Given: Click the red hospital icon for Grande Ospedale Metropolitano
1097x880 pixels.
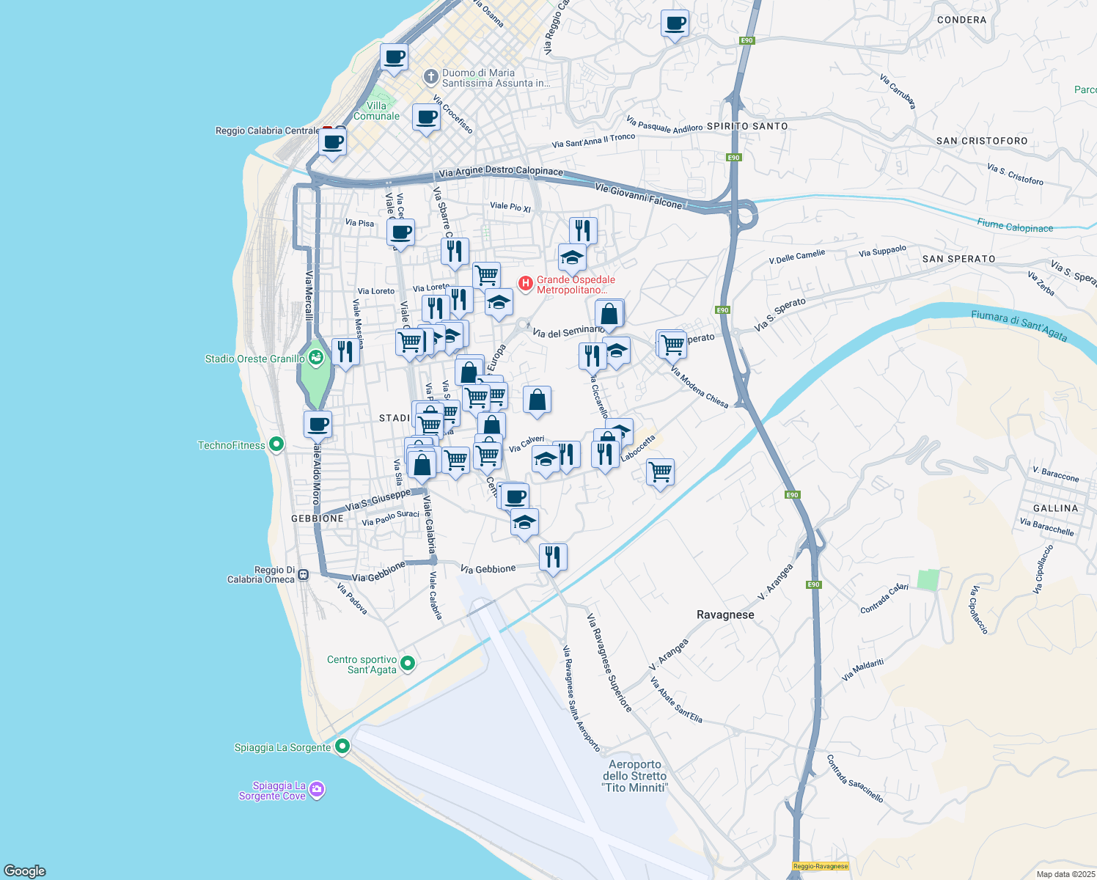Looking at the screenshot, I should click(x=525, y=283).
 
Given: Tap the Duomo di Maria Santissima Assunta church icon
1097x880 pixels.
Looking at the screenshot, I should click(x=431, y=76).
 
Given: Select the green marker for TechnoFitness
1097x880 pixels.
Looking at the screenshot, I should click(x=276, y=444).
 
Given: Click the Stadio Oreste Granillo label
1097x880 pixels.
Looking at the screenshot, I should click(x=254, y=359).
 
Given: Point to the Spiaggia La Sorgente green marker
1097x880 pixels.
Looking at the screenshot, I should click(x=342, y=747).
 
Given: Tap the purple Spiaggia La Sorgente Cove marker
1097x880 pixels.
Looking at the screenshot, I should click(x=317, y=790).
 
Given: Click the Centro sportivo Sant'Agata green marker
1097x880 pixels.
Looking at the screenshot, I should click(x=408, y=664).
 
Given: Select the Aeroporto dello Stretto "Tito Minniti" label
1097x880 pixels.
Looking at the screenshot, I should click(x=635, y=776).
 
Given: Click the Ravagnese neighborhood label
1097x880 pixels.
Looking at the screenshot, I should click(x=724, y=615).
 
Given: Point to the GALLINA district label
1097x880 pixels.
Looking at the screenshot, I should click(x=1055, y=508).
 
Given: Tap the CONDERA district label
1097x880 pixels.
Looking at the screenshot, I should click(x=961, y=20).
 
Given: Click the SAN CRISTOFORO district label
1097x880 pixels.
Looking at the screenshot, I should click(x=982, y=141).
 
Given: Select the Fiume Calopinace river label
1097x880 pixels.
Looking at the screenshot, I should click(x=1015, y=227).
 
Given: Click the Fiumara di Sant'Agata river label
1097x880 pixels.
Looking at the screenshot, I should click(x=1019, y=325).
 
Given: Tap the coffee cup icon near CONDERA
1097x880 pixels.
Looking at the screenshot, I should click(x=675, y=23).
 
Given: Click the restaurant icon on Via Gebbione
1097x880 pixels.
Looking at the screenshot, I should click(x=553, y=557).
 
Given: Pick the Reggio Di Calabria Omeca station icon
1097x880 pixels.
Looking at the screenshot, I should click(x=304, y=575).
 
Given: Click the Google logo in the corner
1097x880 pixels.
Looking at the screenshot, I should click(x=24, y=871).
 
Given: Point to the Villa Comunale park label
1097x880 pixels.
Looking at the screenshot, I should click(x=376, y=111).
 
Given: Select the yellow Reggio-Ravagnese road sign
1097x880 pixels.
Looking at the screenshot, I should click(x=820, y=866).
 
